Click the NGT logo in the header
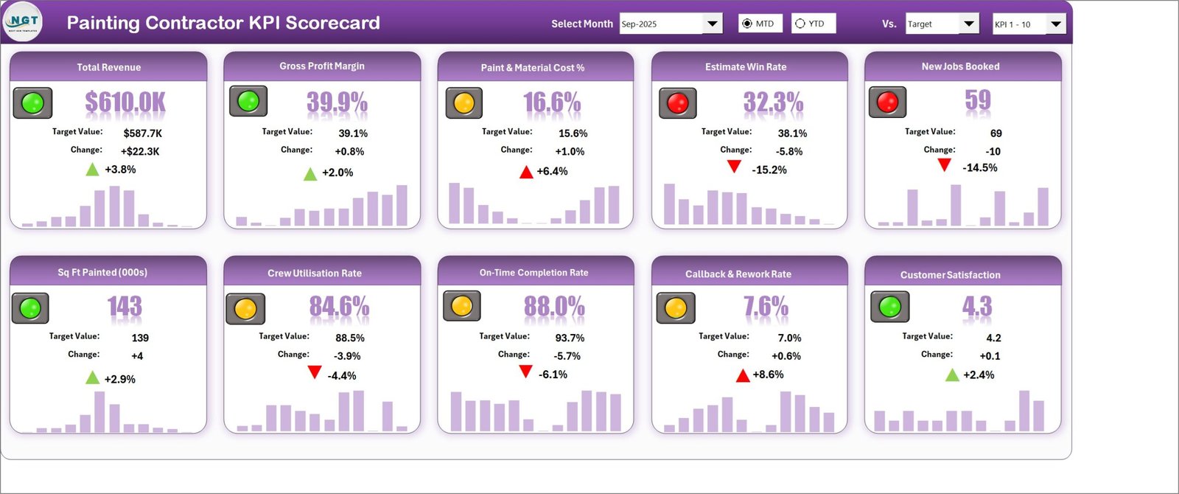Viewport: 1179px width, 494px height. [23, 21]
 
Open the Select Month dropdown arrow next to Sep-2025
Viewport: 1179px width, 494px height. [712, 24]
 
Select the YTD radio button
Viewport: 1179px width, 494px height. [800, 24]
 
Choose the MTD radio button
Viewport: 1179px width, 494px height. [747, 24]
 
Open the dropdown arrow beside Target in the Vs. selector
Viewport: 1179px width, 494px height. [968, 24]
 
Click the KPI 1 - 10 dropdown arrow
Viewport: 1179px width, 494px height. [1055, 24]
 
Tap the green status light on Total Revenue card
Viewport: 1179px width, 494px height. [32, 102]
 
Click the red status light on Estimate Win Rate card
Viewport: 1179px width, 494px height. [678, 102]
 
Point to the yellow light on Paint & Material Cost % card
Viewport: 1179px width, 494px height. [463, 102]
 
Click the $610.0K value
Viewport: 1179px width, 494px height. [125, 102]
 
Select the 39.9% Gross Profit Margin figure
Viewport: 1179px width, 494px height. [337, 102]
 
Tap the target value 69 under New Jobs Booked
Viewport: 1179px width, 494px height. [996, 133]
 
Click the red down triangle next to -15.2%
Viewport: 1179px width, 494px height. [734, 167]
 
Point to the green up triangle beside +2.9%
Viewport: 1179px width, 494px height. [93, 377]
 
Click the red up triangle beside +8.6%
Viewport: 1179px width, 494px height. [743, 375]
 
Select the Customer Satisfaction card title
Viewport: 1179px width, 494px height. [950, 275]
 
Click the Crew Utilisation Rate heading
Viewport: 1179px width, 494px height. [314, 274]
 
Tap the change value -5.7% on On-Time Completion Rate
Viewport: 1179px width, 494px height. [567, 356]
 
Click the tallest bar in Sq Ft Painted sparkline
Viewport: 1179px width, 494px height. [99, 412]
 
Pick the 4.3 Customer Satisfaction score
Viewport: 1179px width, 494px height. [977, 306]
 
